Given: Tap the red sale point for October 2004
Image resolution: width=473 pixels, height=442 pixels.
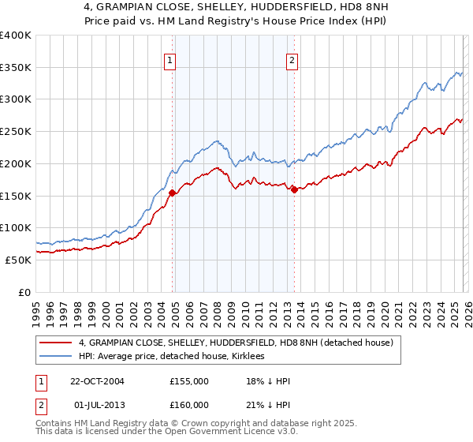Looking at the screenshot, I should pyautogui.click(x=173, y=192).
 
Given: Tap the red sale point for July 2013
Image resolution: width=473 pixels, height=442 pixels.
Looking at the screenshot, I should pyautogui.click(x=294, y=189).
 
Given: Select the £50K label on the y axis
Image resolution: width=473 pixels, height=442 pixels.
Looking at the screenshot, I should pyautogui.click(x=17, y=260).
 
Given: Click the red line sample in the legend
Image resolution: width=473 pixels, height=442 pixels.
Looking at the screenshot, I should pyautogui.click(x=56, y=343).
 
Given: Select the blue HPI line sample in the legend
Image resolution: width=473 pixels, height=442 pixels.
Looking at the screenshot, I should pyautogui.click(x=56, y=356).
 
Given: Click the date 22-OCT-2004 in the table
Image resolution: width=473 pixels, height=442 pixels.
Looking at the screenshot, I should pyautogui.click(x=101, y=381).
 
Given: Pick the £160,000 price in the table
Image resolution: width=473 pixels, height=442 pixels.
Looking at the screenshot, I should pyautogui.click(x=189, y=404).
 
